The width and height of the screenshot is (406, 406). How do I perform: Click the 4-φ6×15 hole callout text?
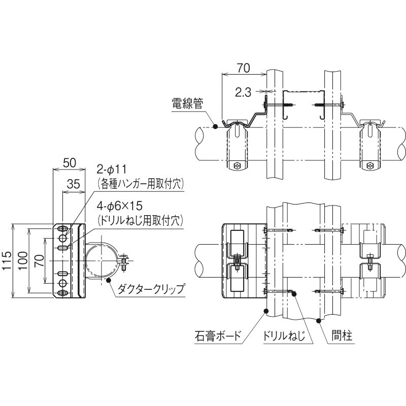coord(120,208)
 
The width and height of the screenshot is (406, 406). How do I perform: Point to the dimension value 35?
coord(74,185)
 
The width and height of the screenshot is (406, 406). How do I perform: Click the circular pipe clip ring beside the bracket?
coord(102,261)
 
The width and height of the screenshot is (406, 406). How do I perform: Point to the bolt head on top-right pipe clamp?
coord(370,165)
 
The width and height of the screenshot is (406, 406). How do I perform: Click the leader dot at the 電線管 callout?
coord(215,126)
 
